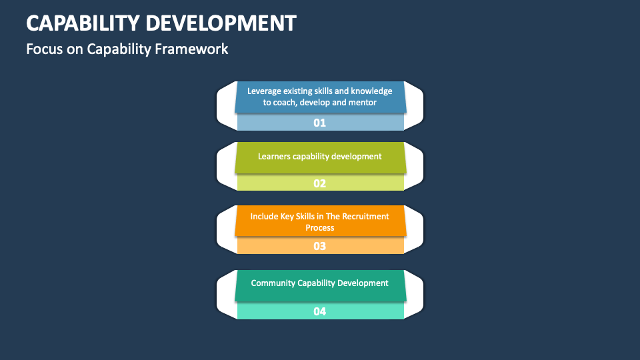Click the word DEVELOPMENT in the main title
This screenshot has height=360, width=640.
click(221, 23)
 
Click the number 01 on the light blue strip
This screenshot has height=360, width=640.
click(320, 123)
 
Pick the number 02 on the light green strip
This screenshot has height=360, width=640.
click(320, 183)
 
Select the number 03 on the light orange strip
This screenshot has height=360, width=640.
click(320, 246)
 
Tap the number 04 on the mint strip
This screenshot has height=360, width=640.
click(320, 311)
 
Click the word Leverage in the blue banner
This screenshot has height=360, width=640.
click(265, 91)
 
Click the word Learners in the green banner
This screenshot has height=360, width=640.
click(274, 157)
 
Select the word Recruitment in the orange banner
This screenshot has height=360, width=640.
click(365, 217)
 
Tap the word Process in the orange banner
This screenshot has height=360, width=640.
click(320, 228)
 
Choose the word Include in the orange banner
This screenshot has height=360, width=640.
click(264, 217)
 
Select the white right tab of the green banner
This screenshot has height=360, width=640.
click(415, 167)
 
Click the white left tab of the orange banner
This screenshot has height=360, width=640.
click(225, 230)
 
